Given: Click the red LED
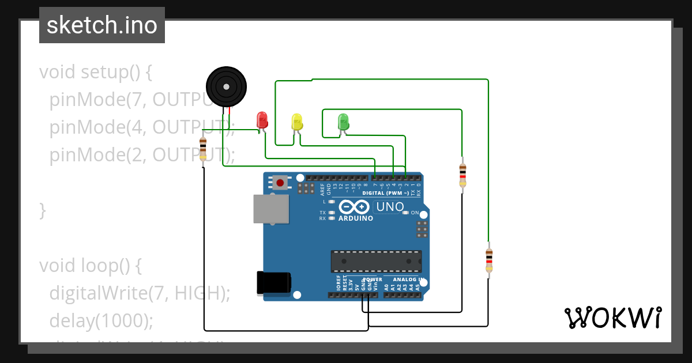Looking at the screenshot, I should tap(262, 120).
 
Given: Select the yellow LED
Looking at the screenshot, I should tap(297, 122).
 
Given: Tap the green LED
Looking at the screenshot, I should tap(343, 122).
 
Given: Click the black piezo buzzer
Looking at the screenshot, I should tap(227, 86).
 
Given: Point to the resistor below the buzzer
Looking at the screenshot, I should tap(203, 149).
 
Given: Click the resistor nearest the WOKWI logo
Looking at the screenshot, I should tap(489, 260).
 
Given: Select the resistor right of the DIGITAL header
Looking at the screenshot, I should tap(462, 175).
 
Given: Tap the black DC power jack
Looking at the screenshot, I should tap(274, 283).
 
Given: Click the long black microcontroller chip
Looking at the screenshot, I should tap(376, 261).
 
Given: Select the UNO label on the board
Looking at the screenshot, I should tap(390, 206).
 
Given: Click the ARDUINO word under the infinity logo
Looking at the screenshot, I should tap(355, 218).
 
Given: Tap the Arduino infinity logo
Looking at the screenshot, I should tap(354, 207).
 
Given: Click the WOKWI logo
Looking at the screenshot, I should tap(612, 317).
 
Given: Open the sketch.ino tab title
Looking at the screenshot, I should tap(102, 25).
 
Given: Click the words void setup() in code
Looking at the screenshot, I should tap(96, 73).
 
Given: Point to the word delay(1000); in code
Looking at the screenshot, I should tap(101, 320).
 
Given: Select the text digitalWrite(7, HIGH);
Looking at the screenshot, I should tap(140, 293).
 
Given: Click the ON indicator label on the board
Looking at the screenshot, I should tap(415, 213).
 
